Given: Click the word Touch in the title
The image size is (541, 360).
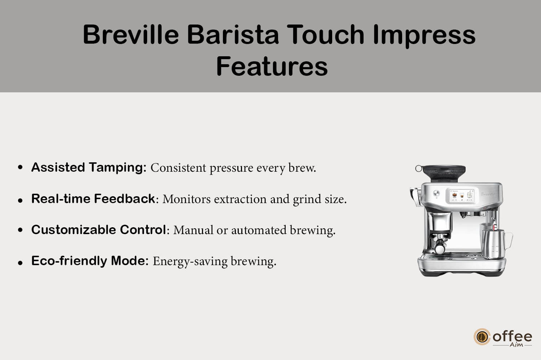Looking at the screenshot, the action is (x=326, y=34).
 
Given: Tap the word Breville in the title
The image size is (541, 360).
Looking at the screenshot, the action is (x=131, y=34).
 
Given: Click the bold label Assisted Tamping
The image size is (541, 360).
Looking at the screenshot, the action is (x=89, y=167).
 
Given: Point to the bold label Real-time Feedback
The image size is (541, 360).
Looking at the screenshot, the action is (x=93, y=199).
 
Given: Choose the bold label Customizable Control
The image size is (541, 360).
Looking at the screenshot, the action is (x=98, y=229).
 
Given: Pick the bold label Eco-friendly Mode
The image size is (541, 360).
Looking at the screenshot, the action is (x=90, y=261).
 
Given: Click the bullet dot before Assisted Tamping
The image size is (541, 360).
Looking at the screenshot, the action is (x=20, y=167).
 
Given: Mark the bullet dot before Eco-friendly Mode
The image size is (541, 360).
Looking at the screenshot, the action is (x=20, y=263).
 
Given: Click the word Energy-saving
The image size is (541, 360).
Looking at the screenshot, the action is (x=190, y=262).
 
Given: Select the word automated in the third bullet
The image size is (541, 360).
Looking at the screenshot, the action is (x=259, y=230).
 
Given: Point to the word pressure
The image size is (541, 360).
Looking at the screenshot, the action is (x=231, y=168).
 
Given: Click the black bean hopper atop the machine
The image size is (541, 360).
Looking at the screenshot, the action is (x=444, y=173).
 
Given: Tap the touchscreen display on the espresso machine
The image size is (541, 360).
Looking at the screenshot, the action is (x=462, y=196).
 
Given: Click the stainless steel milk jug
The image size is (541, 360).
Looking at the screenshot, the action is (x=495, y=243).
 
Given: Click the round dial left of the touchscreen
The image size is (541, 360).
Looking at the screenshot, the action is (x=436, y=193).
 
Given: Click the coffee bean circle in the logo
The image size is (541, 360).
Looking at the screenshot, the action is (x=482, y=337).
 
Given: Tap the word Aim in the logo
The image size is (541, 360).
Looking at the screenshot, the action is (x=516, y=345).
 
